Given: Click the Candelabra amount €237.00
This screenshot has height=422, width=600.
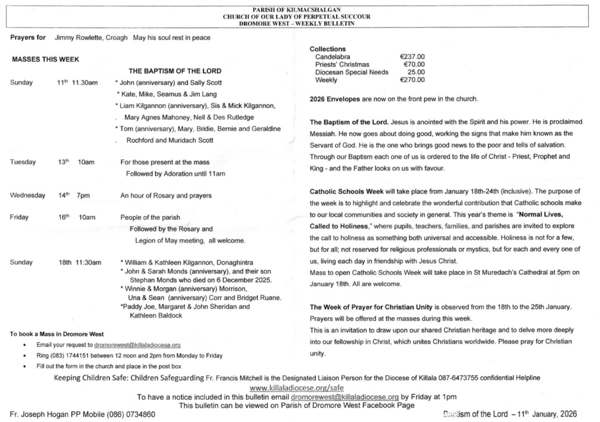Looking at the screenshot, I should pos(412,57).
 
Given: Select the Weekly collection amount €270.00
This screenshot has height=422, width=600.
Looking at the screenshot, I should pos(412,80).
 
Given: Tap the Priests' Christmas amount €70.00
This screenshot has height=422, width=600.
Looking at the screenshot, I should pos(414,64).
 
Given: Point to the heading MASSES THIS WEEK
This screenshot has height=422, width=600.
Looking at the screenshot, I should pos(45,59).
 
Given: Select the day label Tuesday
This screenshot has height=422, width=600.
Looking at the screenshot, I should pos(23,162).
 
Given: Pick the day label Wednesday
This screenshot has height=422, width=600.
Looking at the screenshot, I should pos(28,195).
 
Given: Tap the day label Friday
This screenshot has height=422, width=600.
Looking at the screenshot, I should pos(19,217).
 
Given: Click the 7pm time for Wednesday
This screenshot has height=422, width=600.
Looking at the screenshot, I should pos(83,195).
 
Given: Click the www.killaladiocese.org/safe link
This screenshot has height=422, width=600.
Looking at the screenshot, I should pos(296,388).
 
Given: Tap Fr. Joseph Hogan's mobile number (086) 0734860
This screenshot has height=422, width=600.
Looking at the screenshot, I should pos(131,414).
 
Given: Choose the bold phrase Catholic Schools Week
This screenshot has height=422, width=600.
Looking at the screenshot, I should pos(345,192).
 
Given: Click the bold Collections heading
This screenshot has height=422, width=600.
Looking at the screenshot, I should pos(328,49).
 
